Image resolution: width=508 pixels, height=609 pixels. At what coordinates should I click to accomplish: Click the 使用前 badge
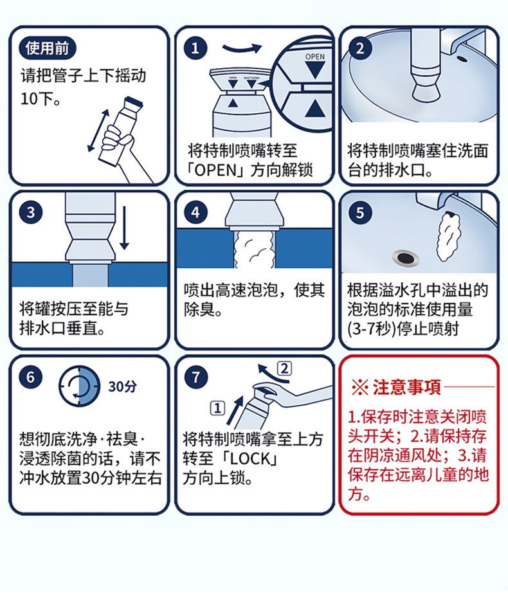48,48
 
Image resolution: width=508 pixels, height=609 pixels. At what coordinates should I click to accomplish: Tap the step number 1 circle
195,48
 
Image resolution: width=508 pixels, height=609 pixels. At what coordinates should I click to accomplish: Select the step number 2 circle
360,48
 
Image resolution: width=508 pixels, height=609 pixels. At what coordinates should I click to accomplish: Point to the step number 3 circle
31,212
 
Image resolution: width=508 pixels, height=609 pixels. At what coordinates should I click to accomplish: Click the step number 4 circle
195,212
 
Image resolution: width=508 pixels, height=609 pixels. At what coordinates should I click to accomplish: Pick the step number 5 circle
360,212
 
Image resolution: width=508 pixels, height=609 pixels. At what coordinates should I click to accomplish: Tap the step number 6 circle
31,377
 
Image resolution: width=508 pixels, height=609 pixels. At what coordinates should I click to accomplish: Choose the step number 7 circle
195,377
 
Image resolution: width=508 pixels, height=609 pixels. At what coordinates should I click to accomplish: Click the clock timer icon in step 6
80,386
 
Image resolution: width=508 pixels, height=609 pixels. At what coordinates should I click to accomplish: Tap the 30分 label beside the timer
122,386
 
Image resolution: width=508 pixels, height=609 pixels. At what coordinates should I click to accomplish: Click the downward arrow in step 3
125,228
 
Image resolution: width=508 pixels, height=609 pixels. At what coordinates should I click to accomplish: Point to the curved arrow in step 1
242,48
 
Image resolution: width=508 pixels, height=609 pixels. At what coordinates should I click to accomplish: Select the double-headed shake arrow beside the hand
97,130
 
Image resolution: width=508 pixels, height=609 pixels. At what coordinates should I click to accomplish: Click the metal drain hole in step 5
404,257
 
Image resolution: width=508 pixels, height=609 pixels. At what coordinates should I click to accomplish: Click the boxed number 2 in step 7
285,368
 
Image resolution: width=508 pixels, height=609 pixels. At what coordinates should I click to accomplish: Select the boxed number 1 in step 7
217,408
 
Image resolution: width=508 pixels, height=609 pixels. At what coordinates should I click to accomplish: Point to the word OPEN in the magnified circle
314,57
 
